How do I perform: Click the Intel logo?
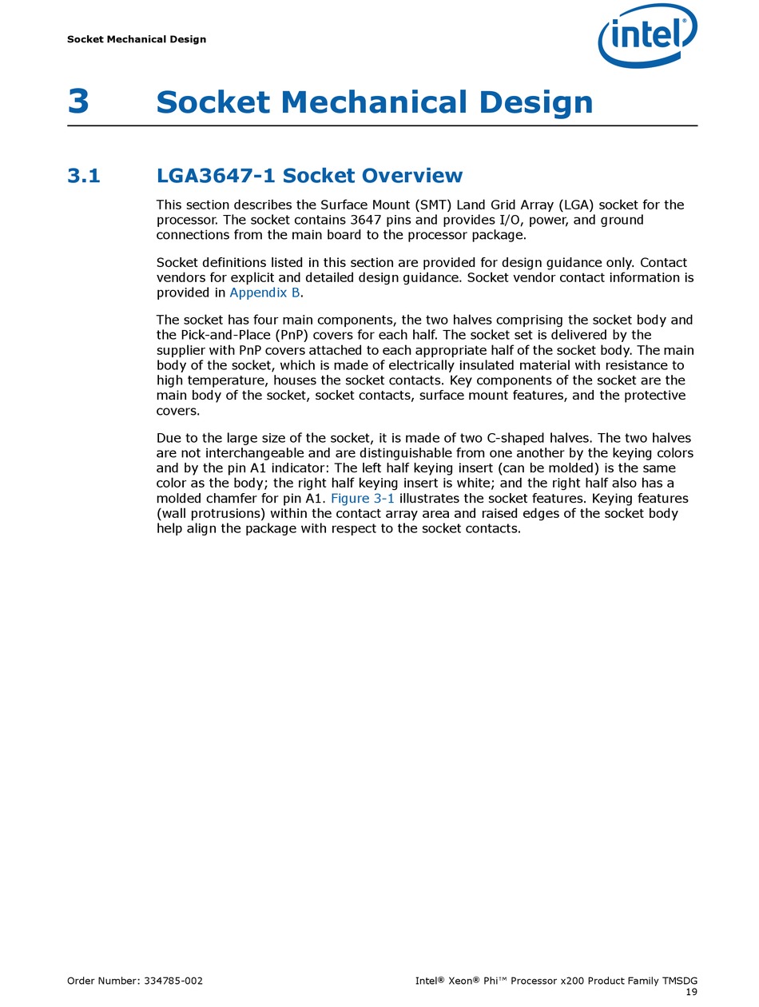click(647, 36)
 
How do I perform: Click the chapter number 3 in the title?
click(78, 102)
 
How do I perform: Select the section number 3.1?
click(84, 176)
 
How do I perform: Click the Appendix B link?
click(264, 293)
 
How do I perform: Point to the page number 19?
click(691, 992)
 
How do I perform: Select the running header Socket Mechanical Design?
click(137, 39)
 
